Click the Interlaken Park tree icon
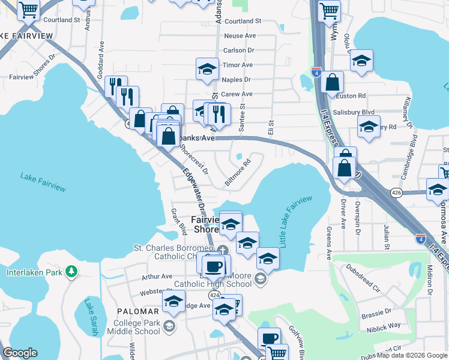pos(71,272)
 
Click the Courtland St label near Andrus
pos(61,20)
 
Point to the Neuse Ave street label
pos(238,36)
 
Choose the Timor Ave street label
pos(237,65)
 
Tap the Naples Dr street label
pos(236,79)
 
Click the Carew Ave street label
pos(237,94)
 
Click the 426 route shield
pos(396,193)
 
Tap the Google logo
pos(20,352)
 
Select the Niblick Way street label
pos(385,325)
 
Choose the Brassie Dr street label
pos(376,311)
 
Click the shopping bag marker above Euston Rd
pos(332,83)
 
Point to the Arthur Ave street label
pos(157,277)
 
